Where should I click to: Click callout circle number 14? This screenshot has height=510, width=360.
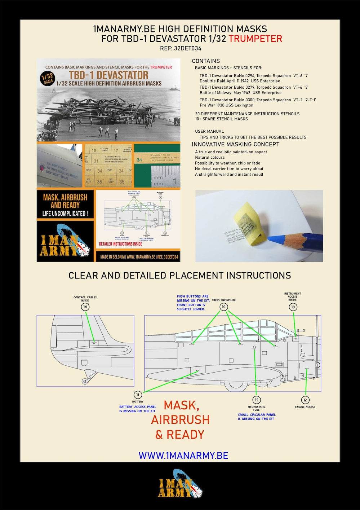85,307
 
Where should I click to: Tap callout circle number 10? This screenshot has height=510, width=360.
224,307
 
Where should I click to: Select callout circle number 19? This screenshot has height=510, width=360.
293,307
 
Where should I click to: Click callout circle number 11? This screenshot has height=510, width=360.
138,395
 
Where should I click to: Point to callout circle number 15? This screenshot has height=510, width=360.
256,400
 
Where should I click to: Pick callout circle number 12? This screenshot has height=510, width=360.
305,400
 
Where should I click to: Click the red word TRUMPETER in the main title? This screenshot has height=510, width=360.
255,39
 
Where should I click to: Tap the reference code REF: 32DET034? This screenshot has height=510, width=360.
181,48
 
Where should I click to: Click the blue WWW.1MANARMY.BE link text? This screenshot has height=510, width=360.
183,455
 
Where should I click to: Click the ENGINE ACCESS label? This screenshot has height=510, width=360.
305,407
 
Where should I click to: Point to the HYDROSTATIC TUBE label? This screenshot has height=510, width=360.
256,408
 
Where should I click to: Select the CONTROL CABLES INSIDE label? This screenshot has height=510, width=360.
85,299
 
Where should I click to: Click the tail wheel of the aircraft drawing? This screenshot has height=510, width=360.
84,381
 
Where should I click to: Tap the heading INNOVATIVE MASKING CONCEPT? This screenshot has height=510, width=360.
236,144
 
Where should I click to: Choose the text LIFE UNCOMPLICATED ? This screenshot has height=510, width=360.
65,214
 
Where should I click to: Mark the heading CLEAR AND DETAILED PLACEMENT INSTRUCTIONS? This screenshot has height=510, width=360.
179,276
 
